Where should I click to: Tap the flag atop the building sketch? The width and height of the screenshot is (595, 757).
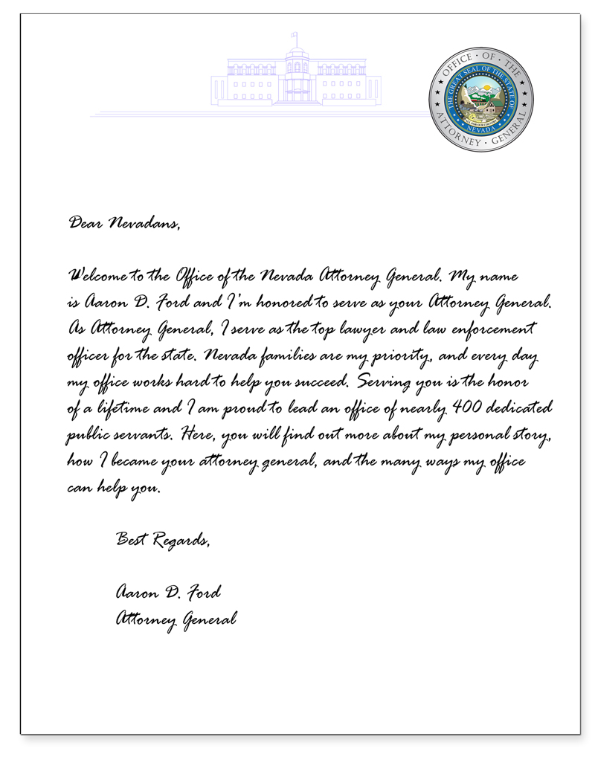pyautogui.click(x=295, y=35)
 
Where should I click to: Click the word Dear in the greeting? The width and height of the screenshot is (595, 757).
pyautogui.click(x=85, y=221)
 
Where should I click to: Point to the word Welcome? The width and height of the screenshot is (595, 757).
pyautogui.click(x=97, y=277)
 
